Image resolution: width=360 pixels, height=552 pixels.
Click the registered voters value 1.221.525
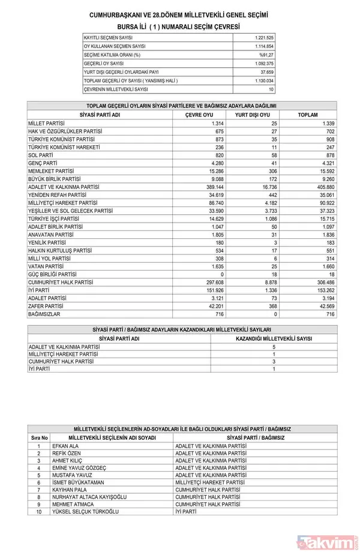(263, 37)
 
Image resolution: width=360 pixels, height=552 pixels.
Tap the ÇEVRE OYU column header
(199, 115)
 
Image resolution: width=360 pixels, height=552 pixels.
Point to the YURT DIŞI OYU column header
(252, 115)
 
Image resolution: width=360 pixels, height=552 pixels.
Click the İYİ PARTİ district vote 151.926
(213, 289)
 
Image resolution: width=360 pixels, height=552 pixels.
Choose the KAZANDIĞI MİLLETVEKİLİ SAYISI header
(274, 338)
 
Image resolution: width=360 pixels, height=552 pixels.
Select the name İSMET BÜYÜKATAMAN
(80, 482)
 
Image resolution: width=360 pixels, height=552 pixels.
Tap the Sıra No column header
(39, 438)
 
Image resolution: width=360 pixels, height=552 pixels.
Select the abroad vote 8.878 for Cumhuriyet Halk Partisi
(266, 281)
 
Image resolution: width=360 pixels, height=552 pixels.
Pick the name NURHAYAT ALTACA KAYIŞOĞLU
(91, 497)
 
